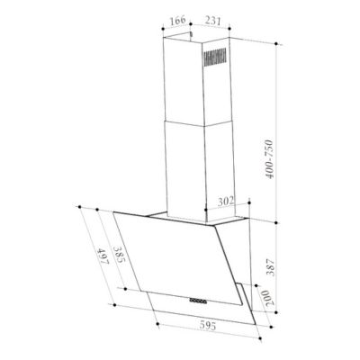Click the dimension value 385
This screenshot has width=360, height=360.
point(118,258)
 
